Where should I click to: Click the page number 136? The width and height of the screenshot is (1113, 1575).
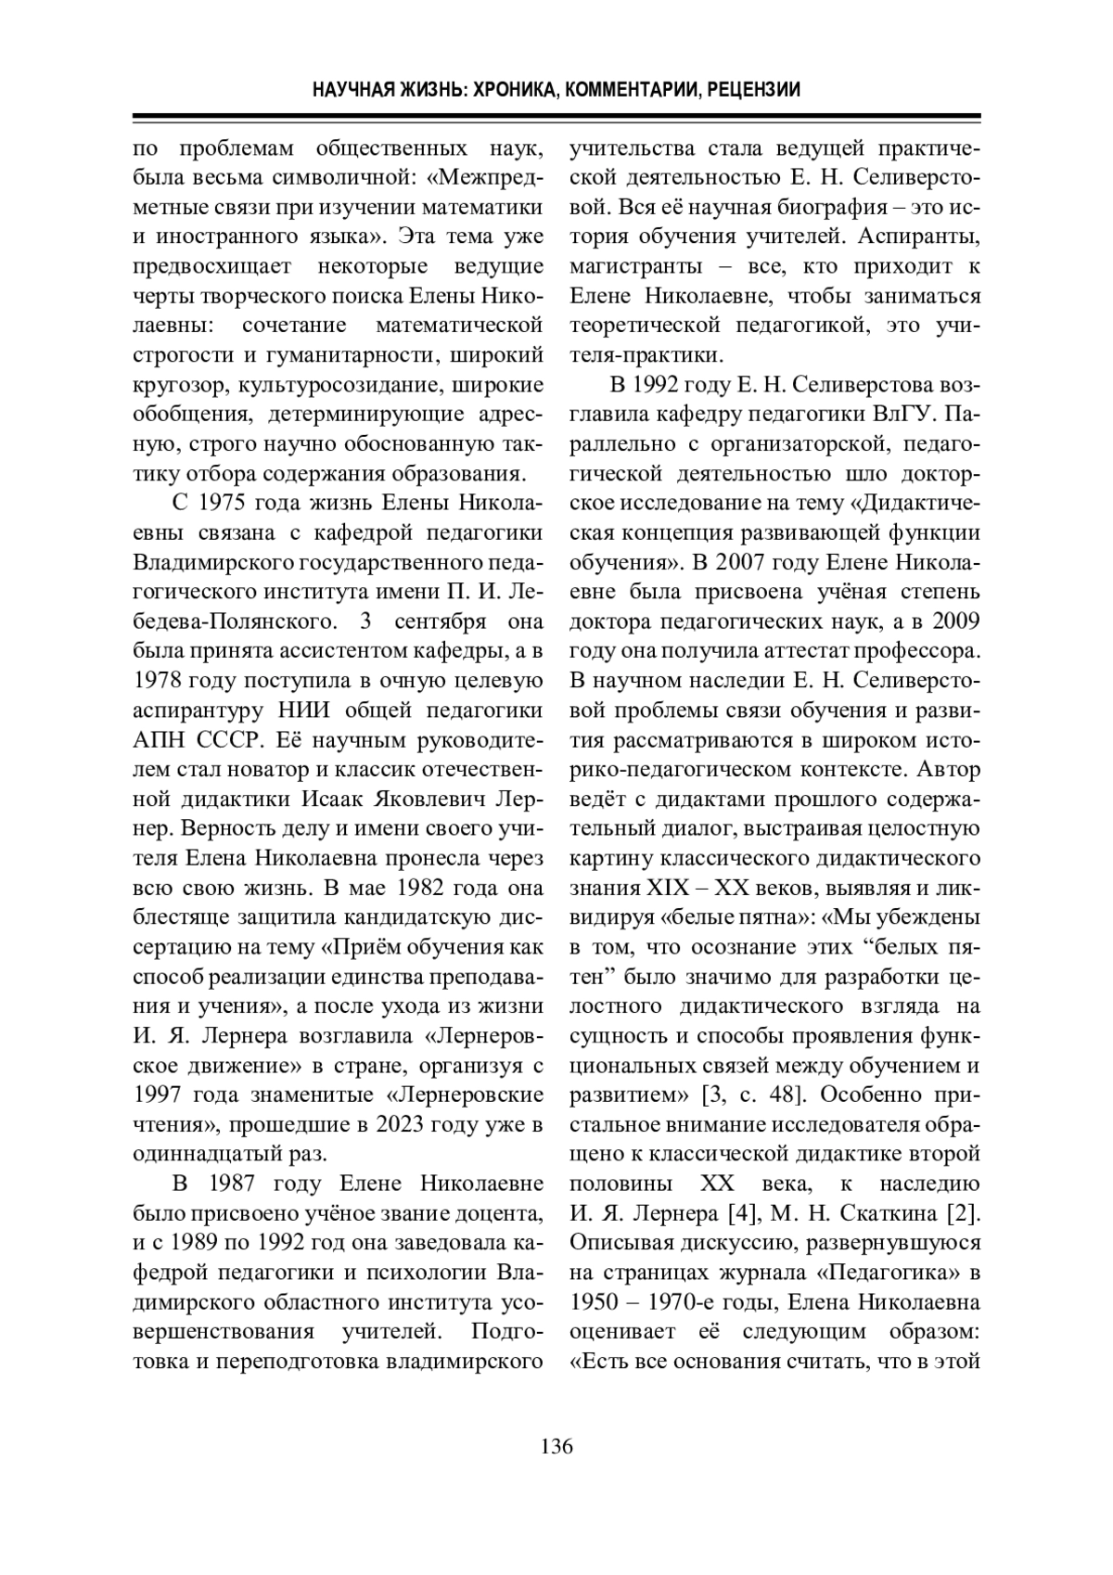pyautogui.click(x=556, y=1446)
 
